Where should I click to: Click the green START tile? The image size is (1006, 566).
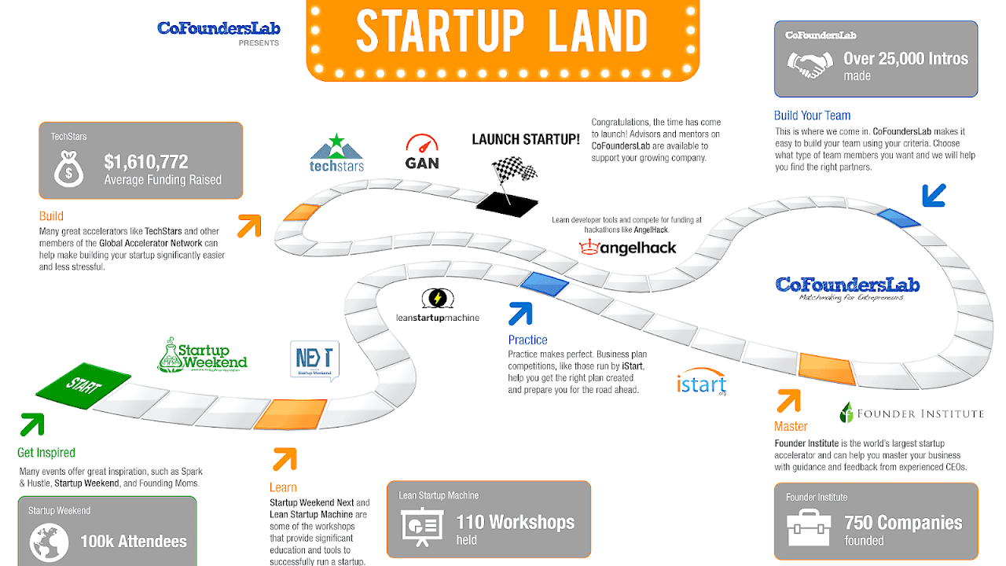pyautogui.click(x=84, y=384)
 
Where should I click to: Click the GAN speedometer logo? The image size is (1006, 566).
pyautogui.click(x=422, y=153)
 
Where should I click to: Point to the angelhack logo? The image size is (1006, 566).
pyautogui.click(x=628, y=248)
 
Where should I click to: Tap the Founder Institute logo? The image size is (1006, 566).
pyautogui.click(x=911, y=413)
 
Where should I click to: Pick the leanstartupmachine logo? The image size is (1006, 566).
pyautogui.click(x=438, y=306)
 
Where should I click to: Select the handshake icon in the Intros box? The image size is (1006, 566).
pyautogui.click(x=810, y=65)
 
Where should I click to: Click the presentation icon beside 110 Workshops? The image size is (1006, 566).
pyautogui.click(x=422, y=527)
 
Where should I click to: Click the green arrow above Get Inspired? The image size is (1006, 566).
pyautogui.click(x=32, y=424)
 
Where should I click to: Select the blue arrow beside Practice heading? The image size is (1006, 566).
pyautogui.click(x=520, y=314)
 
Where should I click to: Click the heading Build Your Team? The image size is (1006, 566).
pyautogui.click(x=812, y=116)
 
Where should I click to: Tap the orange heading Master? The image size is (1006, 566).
pyautogui.click(x=791, y=426)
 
